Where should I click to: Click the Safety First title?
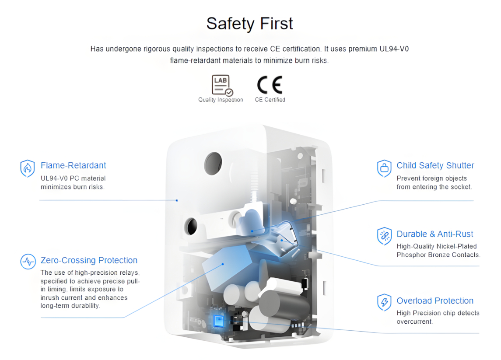click(x=249, y=24)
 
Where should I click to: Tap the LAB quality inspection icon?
click(x=222, y=85)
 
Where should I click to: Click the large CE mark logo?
click(x=270, y=85)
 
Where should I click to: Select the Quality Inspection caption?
click(x=221, y=100)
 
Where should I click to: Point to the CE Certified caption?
click(x=270, y=100)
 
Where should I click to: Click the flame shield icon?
click(x=28, y=168)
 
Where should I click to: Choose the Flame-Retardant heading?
click(x=73, y=165)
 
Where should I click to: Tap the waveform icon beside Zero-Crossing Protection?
click(x=28, y=262)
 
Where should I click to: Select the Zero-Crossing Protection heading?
click(x=89, y=260)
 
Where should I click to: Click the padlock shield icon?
click(x=384, y=168)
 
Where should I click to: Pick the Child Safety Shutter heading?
click(x=435, y=165)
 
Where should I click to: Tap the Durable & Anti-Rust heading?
click(x=435, y=234)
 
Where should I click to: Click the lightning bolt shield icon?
click(x=384, y=303)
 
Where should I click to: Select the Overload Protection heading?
click(x=435, y=301)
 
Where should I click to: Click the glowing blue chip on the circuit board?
click(x=219, y=321)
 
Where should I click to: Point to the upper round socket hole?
click(x=213, y=164)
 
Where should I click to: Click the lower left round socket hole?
click(x=191, y=226)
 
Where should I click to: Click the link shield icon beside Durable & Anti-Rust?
click(x=384, y=236)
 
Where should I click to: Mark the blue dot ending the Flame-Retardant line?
click(x=177, y=201)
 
